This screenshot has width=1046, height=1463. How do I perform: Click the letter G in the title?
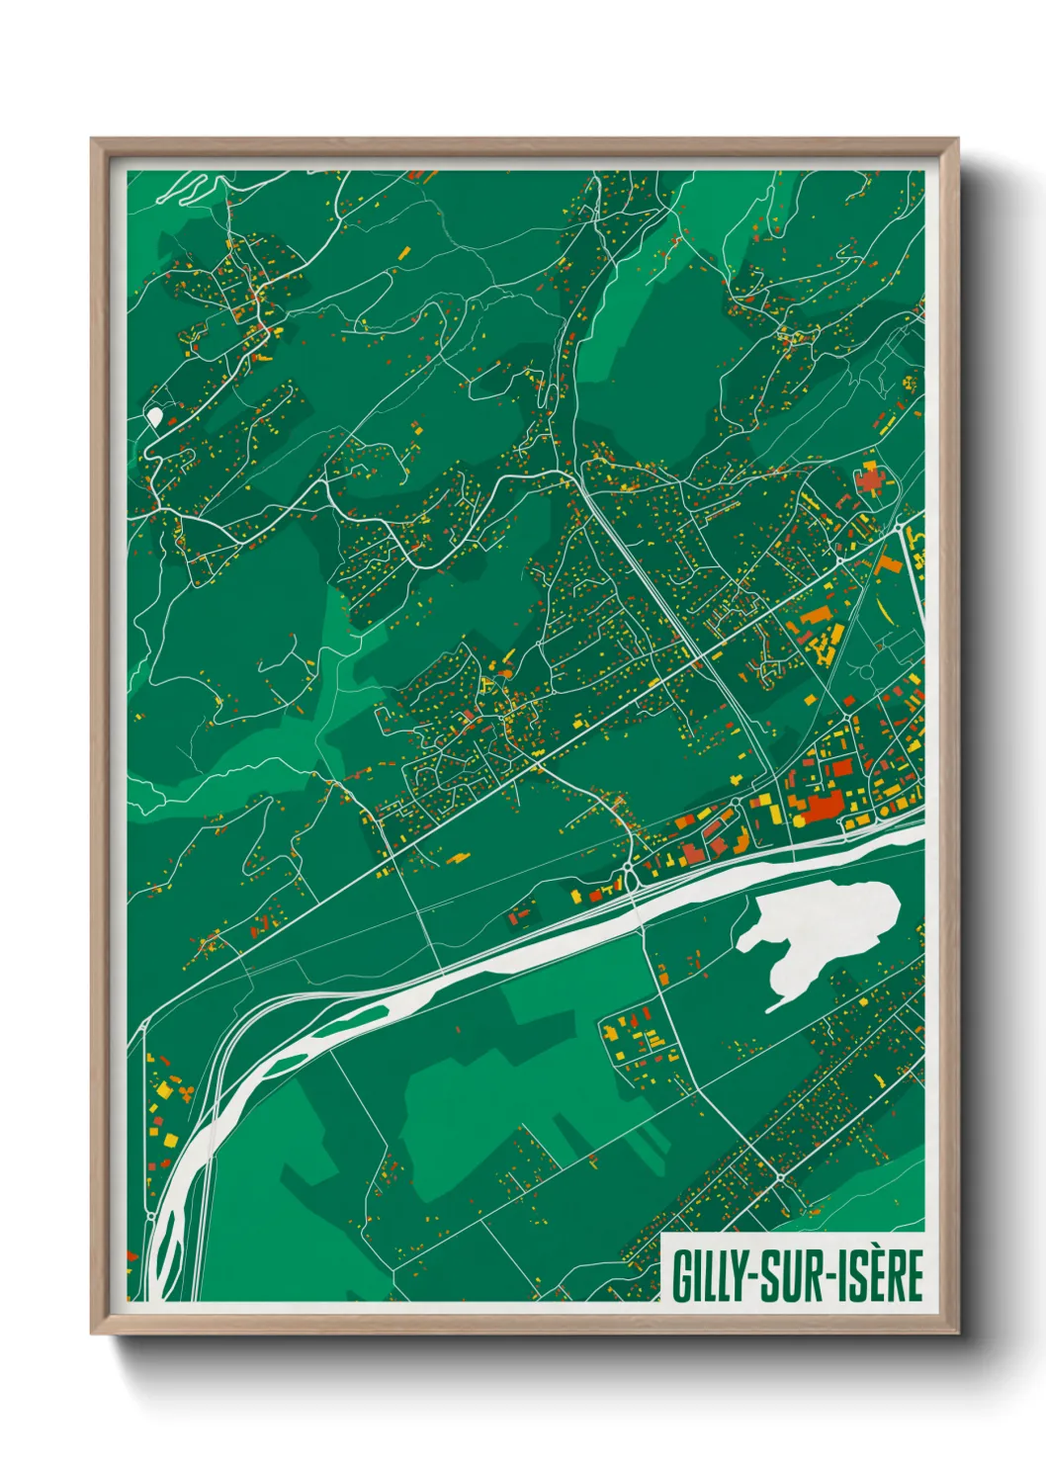(x=682, y=1276)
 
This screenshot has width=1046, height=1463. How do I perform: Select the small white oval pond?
(x=154, y=416)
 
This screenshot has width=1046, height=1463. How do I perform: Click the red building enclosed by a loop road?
(x=871, y=481)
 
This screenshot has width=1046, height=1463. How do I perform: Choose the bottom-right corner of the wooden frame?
(x=956, y=1332)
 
